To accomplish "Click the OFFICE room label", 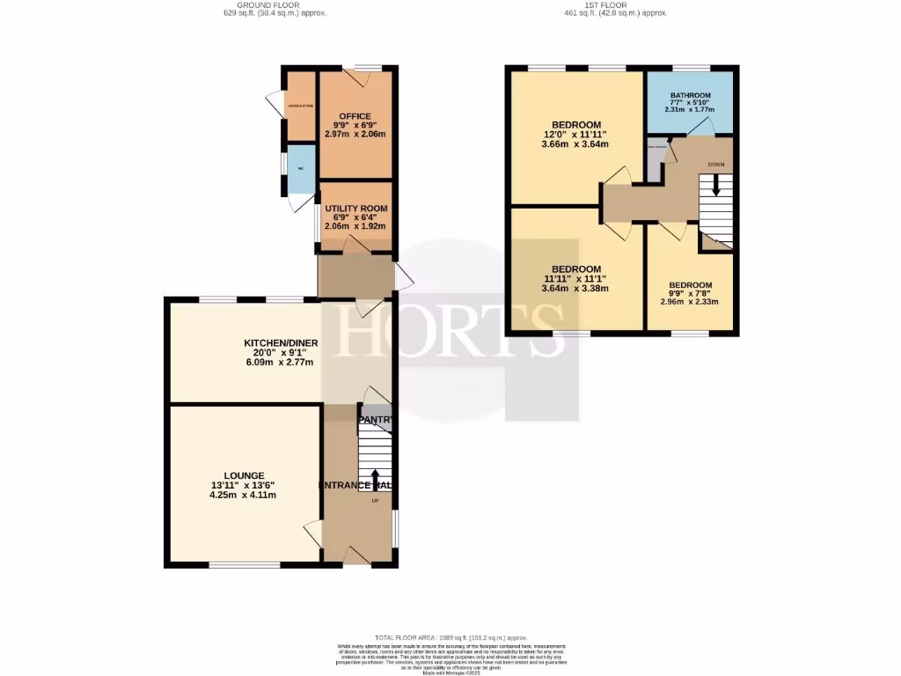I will (x=355, y=116).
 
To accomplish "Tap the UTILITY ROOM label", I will (x=355, y=209).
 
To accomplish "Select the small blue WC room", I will (x=300, y=170).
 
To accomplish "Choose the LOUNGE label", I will (x=243, y=475).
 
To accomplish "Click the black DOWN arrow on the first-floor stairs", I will (x=715, y=186).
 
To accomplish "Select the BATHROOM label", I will (x=690, y=95).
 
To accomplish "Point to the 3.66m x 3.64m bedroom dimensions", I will (x=576, y=144).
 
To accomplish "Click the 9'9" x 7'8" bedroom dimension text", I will (x=690, y=294).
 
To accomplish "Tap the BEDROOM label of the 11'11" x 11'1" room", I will (x=576, y=269).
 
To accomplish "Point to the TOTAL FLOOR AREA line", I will (x=450, y=637).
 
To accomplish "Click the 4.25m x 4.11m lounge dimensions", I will (x=243, y=496).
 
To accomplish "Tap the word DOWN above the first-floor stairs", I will (x=715, y=165).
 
